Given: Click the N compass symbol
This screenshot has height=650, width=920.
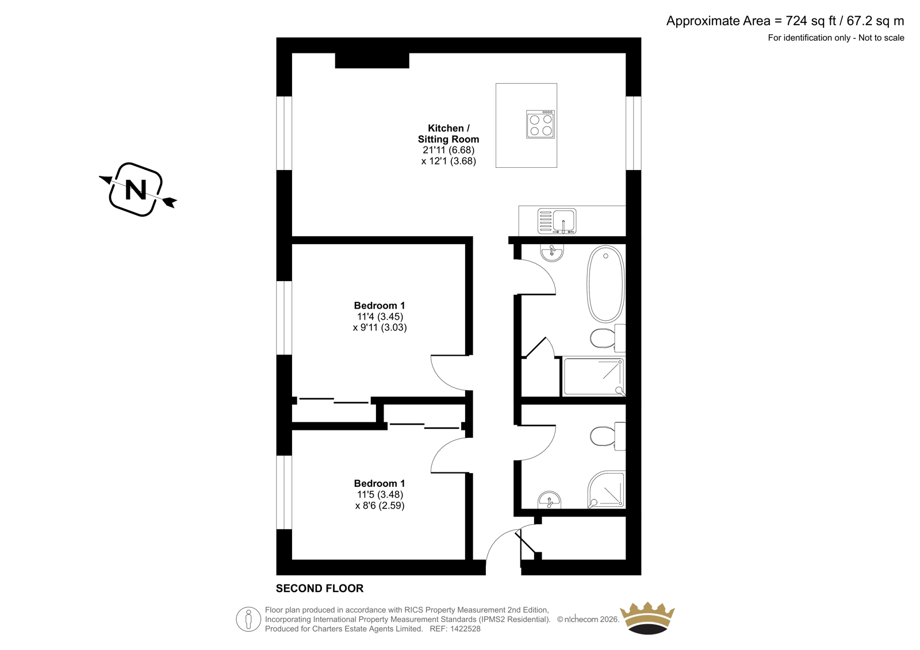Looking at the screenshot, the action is pos(137,190).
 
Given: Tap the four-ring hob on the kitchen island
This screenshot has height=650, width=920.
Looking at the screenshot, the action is pos(540,124).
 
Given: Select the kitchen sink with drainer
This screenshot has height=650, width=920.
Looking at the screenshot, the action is pos(557,221).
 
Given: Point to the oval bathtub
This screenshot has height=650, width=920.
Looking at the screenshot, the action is pos(606,284).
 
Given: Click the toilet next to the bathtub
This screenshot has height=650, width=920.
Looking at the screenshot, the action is pos(608,338).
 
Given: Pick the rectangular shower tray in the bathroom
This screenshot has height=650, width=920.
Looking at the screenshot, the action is pos(593,377).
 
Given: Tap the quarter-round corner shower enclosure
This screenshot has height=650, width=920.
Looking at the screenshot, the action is pos(606,490).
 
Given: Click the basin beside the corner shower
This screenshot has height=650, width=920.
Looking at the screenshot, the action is pos(549,500).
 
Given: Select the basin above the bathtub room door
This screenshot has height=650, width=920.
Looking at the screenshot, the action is pos(552,252).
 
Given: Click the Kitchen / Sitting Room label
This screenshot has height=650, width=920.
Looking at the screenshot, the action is pos(448,133).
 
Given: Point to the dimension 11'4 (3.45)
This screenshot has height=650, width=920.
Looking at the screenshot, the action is pos(380,317).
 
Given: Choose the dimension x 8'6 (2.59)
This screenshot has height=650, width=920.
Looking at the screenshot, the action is pos(380,506).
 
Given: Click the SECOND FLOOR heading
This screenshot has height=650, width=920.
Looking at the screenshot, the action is pos(320,589).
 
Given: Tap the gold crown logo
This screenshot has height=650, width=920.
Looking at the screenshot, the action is pos(647,618).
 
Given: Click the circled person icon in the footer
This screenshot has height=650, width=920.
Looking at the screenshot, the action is pos(248,619).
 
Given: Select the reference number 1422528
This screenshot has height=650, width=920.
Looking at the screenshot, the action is pos(465,629).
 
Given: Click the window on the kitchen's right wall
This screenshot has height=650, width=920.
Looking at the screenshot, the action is pos(633,133).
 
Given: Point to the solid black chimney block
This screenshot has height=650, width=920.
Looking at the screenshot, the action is pos(372,61).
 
